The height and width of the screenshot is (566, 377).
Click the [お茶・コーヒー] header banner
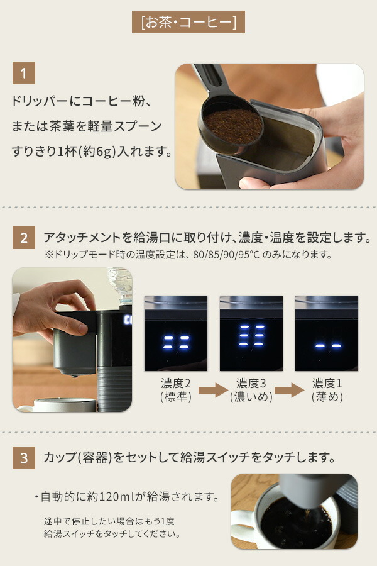(188, 22)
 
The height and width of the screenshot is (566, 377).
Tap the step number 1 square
(24, 73)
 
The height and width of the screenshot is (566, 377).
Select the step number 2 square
(24, 238)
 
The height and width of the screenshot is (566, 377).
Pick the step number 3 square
(24, 458)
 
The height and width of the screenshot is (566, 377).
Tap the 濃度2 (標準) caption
(176, 390)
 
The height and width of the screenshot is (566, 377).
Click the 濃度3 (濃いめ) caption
(251, 390)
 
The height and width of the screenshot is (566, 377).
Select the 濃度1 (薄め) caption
(327, 390)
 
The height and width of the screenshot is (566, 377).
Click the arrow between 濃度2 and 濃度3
(213, 390)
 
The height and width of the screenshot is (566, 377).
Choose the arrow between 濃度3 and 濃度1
(289, 390)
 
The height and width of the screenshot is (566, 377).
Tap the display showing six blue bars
(251, 333)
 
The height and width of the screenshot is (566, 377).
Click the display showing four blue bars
(176, 333)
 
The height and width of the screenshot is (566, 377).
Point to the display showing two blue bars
(327, 333)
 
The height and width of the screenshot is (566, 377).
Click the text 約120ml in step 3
(111, 497)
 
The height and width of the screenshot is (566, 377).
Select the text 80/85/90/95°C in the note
(226, 255)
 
